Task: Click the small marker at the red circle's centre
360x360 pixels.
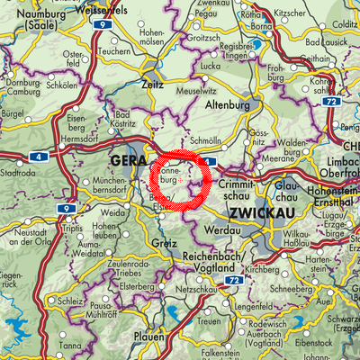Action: (x=182, y=180)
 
